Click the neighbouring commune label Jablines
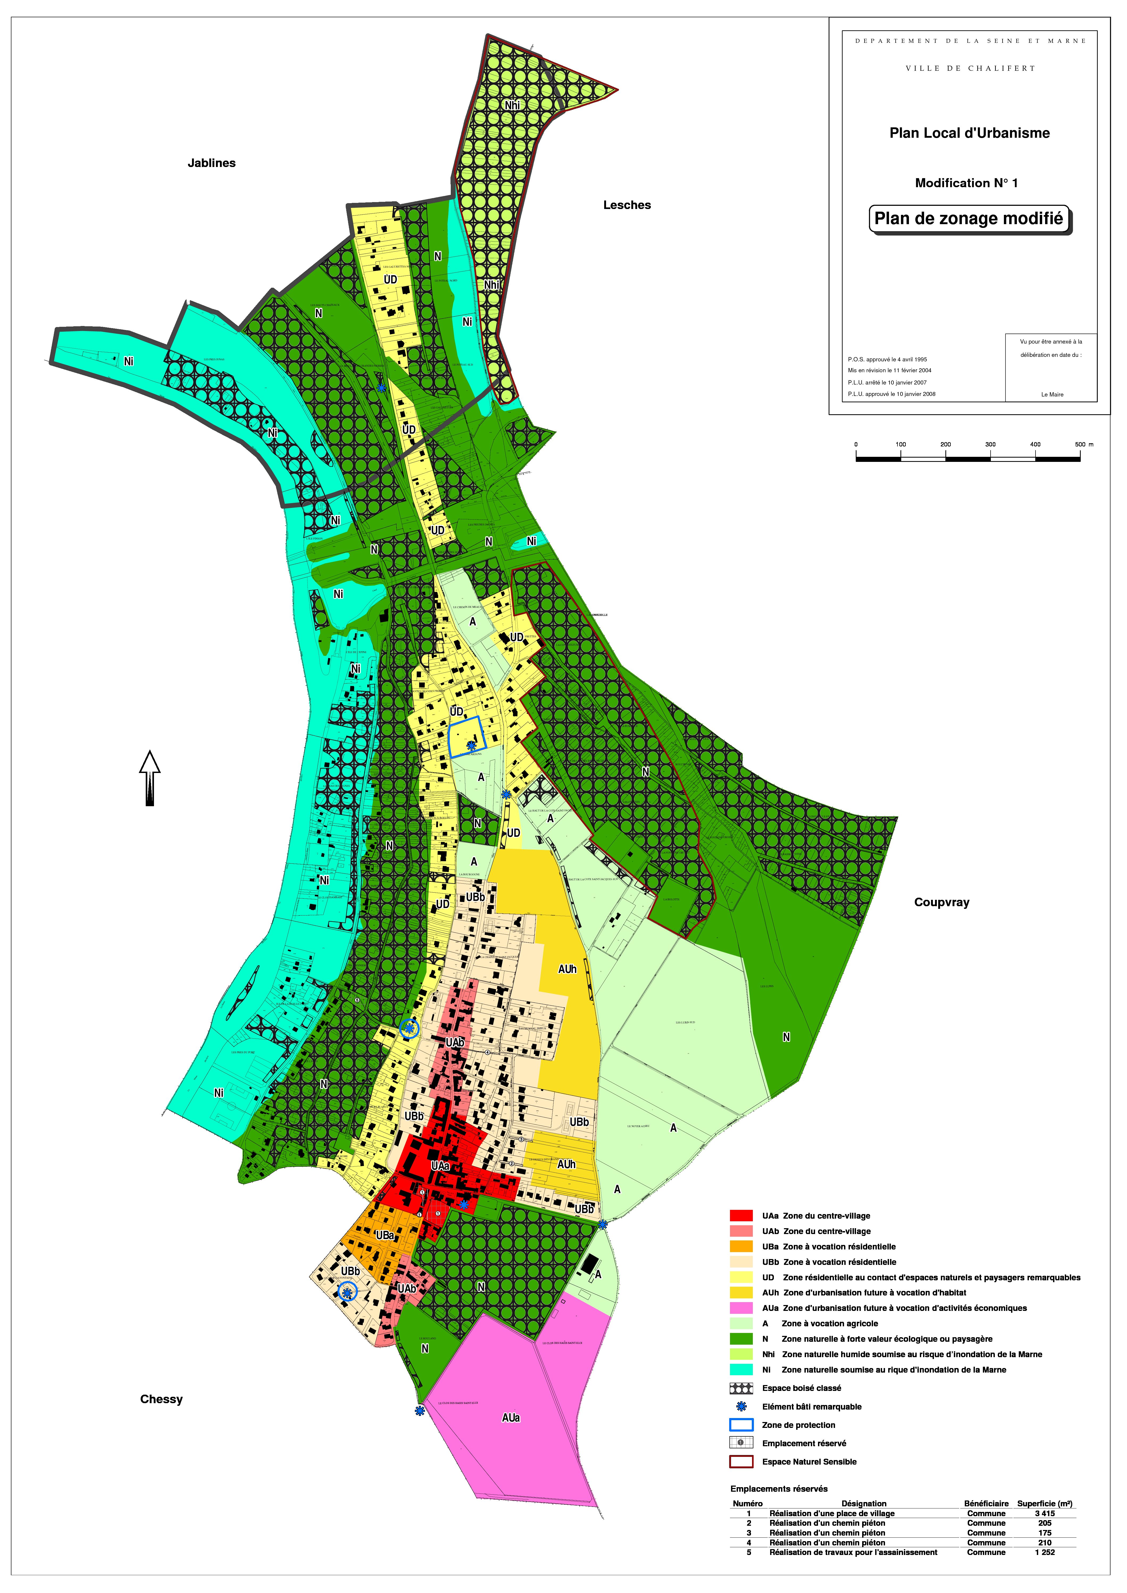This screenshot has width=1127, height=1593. [x=212, y=163]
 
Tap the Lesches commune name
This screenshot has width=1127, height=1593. [x=627, y=205]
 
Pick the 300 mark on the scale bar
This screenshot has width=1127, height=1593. [x=990, y=445]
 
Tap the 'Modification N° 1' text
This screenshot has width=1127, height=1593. [x=966, y=183]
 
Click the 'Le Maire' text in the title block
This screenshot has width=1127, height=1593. [x=1051, y=395]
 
